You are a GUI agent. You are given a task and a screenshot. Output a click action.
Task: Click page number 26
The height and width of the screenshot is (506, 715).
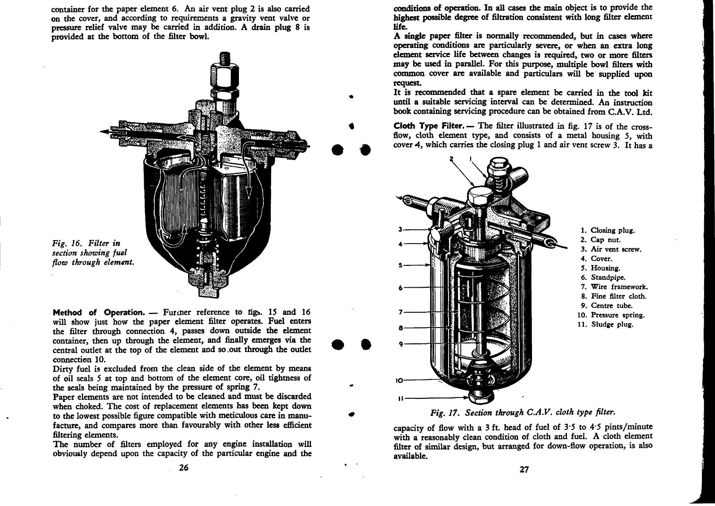pos(183,468)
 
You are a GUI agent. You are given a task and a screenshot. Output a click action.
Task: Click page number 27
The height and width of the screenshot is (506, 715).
pos(524,469)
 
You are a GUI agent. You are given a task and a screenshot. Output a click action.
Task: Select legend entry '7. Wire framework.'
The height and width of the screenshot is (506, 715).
pos(614,287)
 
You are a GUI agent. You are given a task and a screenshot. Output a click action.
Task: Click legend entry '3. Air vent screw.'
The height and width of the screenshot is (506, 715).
pos(611,249)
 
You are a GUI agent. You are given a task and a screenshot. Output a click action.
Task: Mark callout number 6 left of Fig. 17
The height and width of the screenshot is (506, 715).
pos(400,288)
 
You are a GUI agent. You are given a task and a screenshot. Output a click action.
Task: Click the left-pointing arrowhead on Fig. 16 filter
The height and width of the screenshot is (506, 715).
pos(105,131)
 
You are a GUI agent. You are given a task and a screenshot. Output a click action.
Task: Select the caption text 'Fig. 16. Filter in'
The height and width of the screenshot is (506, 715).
pos(86,243)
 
